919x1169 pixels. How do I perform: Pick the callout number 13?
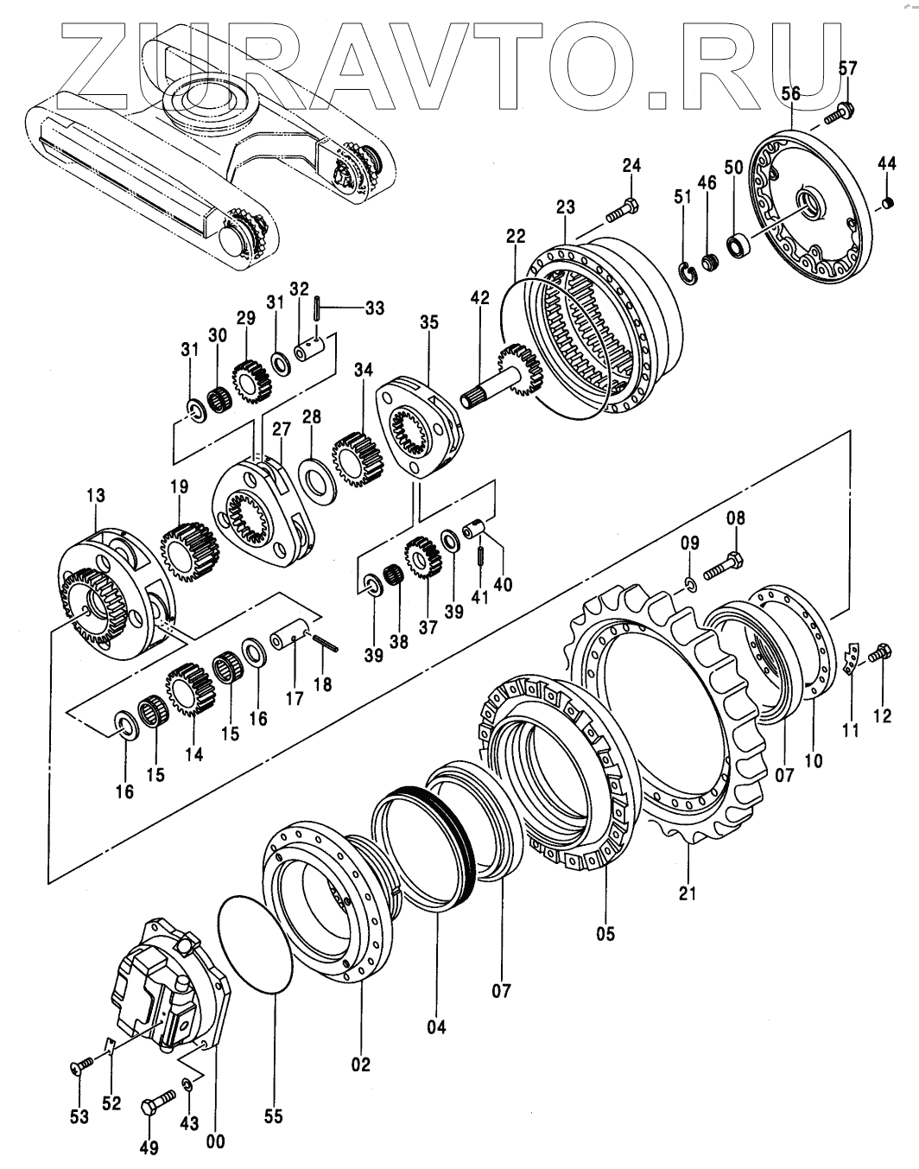95,496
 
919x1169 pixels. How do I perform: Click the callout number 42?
479,298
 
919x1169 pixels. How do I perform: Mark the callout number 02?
360,1064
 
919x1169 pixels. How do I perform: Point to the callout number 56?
791,94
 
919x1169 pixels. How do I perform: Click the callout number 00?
216,1141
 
